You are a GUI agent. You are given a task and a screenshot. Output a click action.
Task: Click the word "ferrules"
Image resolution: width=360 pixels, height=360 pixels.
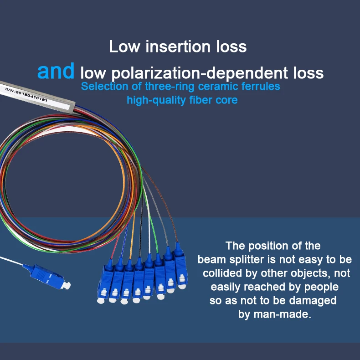[x=262, y=86]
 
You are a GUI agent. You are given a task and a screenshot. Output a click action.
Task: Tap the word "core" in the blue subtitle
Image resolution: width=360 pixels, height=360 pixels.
[x=226, y=99]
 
